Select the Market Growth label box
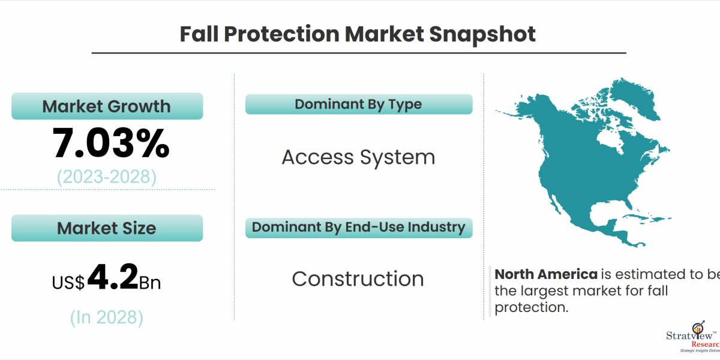107,106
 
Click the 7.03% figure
111,143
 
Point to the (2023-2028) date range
107,177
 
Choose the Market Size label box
107,228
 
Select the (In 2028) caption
107,317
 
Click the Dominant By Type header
358,104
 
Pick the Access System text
358,157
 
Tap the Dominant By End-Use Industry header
358,227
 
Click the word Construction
358,278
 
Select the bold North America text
545,275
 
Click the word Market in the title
385,34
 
